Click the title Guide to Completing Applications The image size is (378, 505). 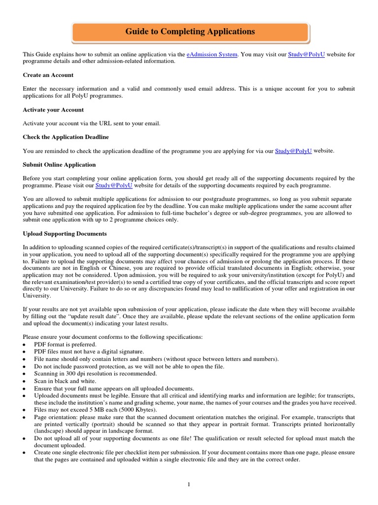coord(190,32)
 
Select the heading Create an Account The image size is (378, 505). coord(48,75)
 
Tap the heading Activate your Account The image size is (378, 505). coord(53,109)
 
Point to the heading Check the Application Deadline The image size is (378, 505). coord(66,137)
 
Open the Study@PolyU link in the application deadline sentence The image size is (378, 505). coord(293,151)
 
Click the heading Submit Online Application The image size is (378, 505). coord(59,164)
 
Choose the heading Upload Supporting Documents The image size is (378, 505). coord(64,233)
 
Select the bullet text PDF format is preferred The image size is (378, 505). coord(65,344)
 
